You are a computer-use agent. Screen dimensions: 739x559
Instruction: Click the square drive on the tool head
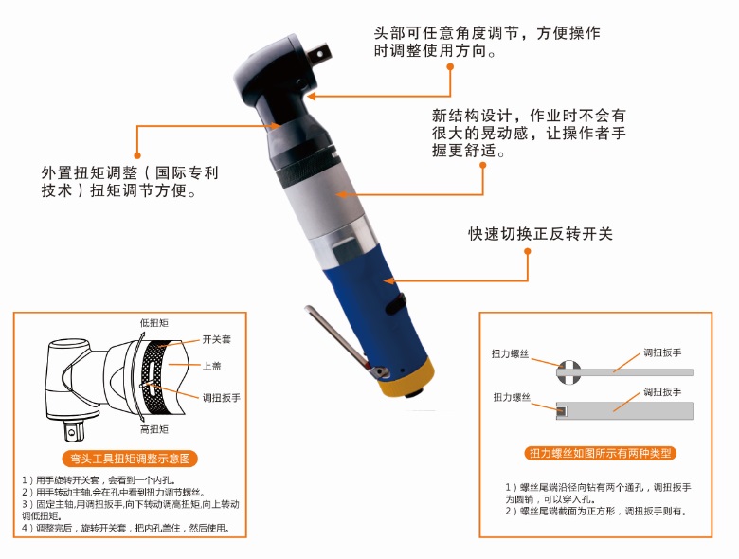coord(320,53)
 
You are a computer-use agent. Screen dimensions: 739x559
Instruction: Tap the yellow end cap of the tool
coord(404,378)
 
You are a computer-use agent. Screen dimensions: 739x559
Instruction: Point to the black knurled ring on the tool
coord(307,169)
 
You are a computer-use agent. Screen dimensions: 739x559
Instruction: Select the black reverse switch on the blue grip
coord(396,302)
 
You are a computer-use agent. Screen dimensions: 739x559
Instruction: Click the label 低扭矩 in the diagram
coord(154,323)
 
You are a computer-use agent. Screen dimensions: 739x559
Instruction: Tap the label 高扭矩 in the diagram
coord(154,429)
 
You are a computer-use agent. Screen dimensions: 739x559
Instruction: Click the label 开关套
coord(217,339)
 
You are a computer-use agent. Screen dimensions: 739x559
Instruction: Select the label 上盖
coord(212,367)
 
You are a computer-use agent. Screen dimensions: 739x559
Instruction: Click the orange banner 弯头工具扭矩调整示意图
coord(130,459)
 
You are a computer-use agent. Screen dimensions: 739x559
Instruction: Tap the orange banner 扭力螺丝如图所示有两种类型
coord(600,453)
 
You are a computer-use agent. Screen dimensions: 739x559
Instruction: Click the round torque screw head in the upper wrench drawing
coord(568,371)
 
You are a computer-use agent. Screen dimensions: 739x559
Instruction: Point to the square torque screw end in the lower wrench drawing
coord(561,411)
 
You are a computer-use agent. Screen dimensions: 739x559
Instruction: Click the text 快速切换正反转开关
coord(541,234)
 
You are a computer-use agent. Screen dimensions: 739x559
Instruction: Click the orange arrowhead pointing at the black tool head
coord(312,96)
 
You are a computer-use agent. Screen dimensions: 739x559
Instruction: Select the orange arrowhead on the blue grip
coord(388,281)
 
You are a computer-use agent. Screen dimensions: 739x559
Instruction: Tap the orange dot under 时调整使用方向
coord(450,67)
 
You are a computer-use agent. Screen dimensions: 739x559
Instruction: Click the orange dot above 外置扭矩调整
coord(137,155)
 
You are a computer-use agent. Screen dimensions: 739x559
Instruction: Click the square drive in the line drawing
coord(74,431)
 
